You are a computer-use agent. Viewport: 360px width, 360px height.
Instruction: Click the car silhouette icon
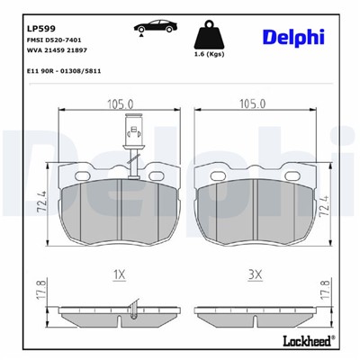(150, 25)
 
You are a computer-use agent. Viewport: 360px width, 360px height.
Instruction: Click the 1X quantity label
(121, 272)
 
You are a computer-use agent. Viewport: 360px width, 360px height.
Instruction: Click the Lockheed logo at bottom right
(304, 341)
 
